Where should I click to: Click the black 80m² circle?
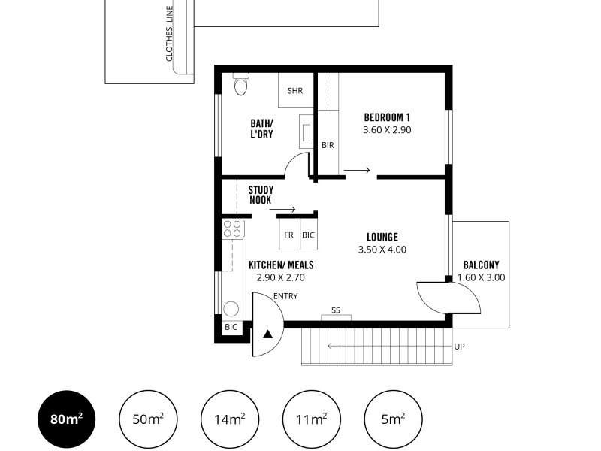point(68,419)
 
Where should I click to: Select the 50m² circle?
point(149,419)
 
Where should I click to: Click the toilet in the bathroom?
point(240,85)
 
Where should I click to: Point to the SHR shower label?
point(294,91)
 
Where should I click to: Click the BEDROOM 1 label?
point(387,117)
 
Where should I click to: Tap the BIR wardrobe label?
point(328,145)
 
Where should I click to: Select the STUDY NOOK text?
point(261,195)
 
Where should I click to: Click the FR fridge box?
point(288,235)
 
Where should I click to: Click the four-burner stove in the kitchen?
point(232,229)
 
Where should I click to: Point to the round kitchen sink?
point(231,308)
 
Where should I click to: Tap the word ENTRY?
point(285,296)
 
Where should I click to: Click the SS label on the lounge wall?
point(336,310)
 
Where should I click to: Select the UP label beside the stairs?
point(460,347)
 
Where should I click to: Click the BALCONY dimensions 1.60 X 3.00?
point(481,277)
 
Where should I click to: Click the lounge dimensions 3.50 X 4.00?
point(382,250)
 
